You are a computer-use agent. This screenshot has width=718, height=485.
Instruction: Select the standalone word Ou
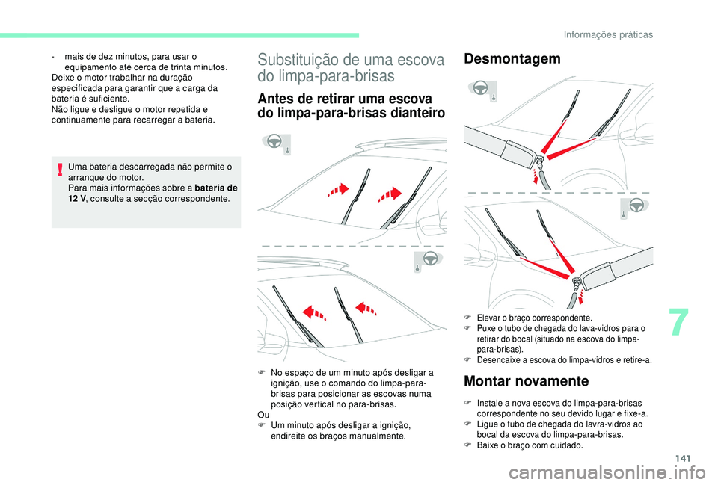[263, 413]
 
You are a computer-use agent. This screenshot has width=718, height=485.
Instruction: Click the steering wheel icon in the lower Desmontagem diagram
[634, 206]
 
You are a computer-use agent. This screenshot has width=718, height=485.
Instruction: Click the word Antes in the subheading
[274, 99]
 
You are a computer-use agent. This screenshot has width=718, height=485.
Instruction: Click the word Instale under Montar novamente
[490, 403]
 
